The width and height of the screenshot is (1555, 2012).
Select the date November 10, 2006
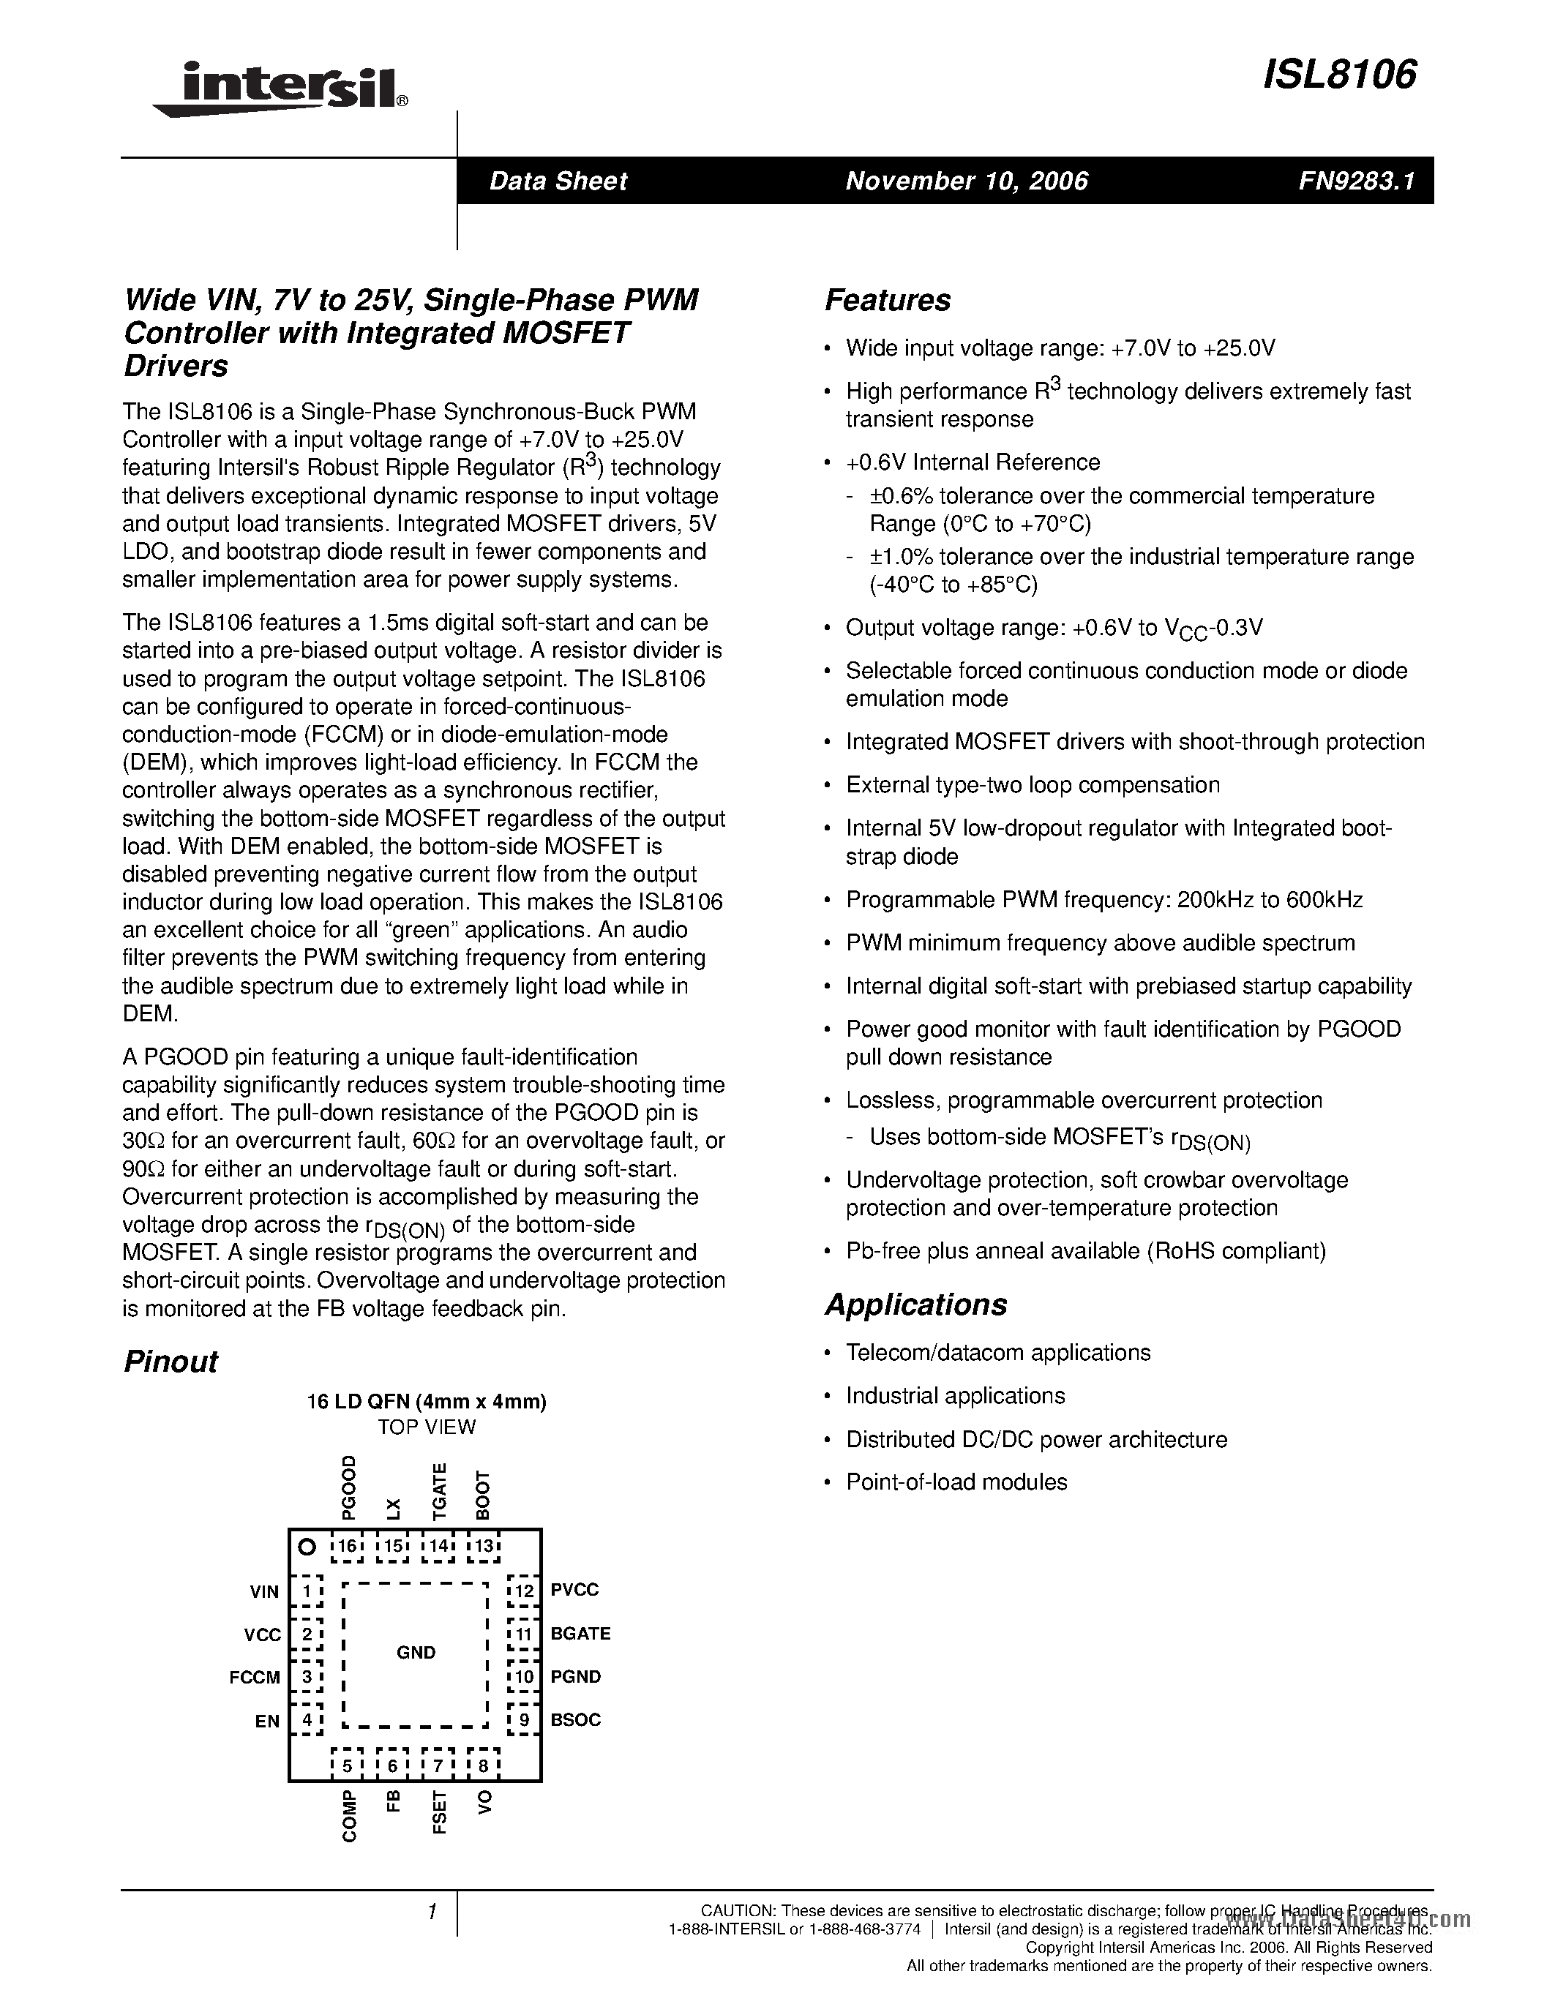point(967,181)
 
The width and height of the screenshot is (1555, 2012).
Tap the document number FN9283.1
point(1355,181)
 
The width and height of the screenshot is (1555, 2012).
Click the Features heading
point(887,300)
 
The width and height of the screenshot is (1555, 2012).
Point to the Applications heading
point(915,1305)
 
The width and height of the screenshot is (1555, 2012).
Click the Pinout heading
point(171,1362)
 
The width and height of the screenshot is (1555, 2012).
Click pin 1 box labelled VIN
point(307,1591)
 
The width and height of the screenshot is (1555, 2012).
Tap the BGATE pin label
point(580,1633)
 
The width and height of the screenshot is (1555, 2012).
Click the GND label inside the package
point(416,1653)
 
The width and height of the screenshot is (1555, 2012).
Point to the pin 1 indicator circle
point(307,1547)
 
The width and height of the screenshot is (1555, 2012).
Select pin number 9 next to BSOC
point(524,1720)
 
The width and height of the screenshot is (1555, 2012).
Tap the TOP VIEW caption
point(427,1427)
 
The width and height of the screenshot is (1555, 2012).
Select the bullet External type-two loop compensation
point(1032,785)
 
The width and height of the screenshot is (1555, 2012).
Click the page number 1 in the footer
point(431,1913)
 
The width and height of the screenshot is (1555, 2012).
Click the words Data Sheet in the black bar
point(558,181)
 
